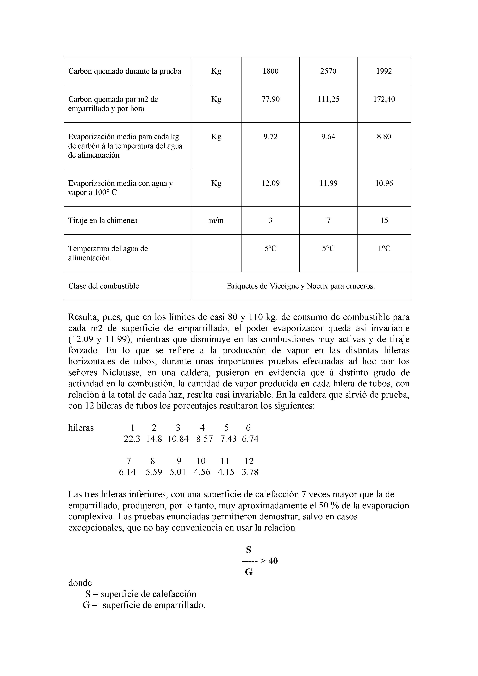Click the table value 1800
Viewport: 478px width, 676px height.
[x=270, y=71]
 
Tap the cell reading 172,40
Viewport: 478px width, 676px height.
[x=384, y=99]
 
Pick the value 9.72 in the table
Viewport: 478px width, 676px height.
[x=270, y=137]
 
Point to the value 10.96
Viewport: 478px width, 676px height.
[x=384, y=183]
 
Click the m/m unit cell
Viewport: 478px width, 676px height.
[x=216, y=220]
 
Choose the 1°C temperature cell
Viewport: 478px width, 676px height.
[x=384, y=249]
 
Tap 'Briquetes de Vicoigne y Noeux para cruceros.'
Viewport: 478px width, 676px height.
[x=301, y=286]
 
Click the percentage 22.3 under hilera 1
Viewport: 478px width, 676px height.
[x=132, y=439]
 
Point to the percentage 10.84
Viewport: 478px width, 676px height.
[x=178, y=439]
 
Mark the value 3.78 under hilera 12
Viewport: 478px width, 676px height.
[x=250, y=472]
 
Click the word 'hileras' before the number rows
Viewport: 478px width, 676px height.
[x=81, y=428]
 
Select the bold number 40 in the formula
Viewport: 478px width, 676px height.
[x=273, y=561]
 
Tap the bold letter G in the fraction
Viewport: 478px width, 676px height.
[x=249, y=572]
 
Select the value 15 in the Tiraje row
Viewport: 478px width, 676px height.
[x=384, y=220]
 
